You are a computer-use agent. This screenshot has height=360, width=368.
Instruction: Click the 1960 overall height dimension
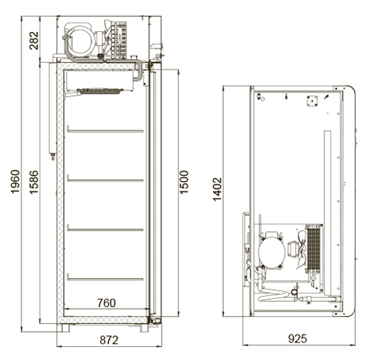point(15,181)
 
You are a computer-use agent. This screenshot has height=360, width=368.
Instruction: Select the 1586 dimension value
point(34,182)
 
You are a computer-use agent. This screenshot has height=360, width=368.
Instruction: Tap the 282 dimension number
point(34,40)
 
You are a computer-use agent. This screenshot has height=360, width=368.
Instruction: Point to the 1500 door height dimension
point(184,182)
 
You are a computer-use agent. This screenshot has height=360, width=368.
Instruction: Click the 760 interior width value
point(106,303)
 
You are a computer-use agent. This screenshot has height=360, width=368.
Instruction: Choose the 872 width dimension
point(109,340)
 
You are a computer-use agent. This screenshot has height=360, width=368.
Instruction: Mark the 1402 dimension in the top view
point(217,190)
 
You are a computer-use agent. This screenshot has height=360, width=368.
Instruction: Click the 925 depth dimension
point(297,338)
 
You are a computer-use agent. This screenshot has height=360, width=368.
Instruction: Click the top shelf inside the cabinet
point(105,131)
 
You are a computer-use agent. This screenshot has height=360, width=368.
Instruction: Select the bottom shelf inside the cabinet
point(105,279)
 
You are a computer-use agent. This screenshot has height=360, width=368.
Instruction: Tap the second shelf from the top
point(105,180)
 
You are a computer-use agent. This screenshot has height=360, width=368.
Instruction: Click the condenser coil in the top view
point(314,248)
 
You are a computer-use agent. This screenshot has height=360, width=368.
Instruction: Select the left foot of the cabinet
point(65,328)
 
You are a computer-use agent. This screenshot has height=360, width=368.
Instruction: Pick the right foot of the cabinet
point(144,328)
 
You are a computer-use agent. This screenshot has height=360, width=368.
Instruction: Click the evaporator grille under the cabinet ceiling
point(100,91)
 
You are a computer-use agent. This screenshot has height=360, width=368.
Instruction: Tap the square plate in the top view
point(312,101)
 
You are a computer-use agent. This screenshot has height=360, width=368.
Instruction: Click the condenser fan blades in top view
point(302,249)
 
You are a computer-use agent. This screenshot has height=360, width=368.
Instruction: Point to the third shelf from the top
point(105,229)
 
